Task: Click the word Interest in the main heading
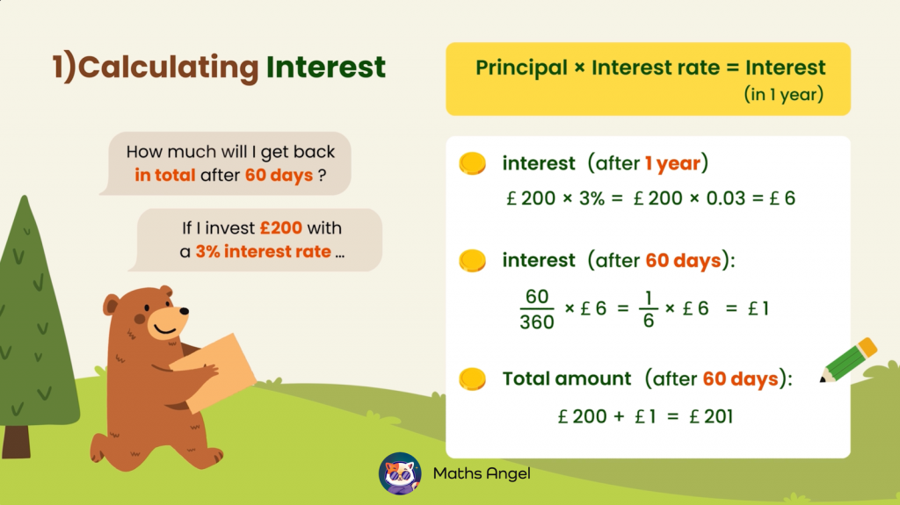[x=325, y=67]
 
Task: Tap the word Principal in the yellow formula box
[x=521, y=68]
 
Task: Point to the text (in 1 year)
[x=783, y=94]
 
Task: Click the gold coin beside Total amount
[x=472, y=379]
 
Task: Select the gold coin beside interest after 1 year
[x=472, y=163]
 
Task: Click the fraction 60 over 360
[x=537, y=309]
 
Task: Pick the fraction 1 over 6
[x=649, y=309]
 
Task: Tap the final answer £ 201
[x=711, y=416]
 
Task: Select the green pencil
[x=848, y=360]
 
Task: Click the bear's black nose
[x=185, y=311]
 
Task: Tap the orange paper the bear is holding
[x=214, y=372]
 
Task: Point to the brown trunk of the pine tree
[x=16, y=441]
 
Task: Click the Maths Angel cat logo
[x=400, y=473]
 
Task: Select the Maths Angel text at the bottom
[x=482, y=473]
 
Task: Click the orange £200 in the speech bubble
[x=281, y=227]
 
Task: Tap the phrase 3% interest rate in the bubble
[x=264, y=251]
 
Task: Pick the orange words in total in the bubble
[x=165, y=175]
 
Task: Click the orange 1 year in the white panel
[x=672, y=163]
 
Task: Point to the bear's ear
[x=111, y=304]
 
